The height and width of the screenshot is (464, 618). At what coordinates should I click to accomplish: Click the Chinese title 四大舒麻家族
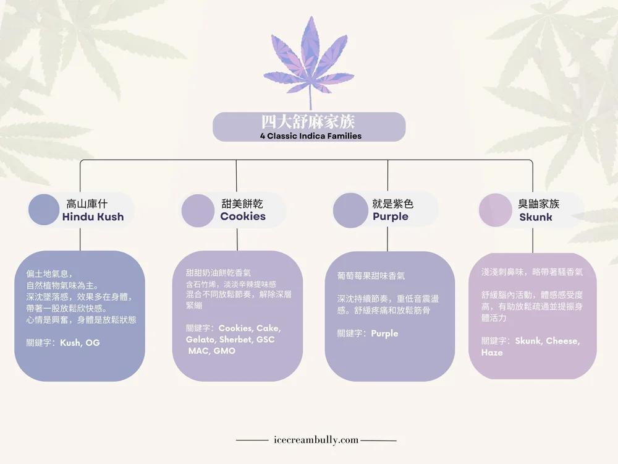[x=308, y=121]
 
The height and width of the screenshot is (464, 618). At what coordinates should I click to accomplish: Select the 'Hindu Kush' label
[x=93, y=217]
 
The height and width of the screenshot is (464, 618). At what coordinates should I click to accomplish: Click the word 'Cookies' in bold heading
[x=243, y=217]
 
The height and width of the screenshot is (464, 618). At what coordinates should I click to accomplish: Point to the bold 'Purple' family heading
[x=390, y=217]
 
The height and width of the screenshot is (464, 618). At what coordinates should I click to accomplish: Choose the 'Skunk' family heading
[x=536, y=217]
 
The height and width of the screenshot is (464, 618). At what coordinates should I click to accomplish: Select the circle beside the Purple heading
[x=350, y=210]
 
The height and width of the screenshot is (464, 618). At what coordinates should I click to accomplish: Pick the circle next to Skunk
[x=496, y=210]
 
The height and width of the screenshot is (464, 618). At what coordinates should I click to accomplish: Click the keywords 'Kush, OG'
[x=80, y=343]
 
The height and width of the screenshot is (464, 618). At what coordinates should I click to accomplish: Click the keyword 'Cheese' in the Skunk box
[x=562, y=341]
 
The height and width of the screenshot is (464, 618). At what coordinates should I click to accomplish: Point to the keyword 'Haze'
[x=492, y=353]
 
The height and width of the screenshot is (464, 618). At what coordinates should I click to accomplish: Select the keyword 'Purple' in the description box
[x=384, y=333]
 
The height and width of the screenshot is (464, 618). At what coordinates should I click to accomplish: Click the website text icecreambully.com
[x=316, y=440]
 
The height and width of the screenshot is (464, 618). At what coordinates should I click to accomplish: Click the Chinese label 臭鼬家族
[x=538, y=204]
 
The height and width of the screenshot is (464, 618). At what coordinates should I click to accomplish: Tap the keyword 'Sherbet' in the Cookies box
[x=235, y=340]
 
